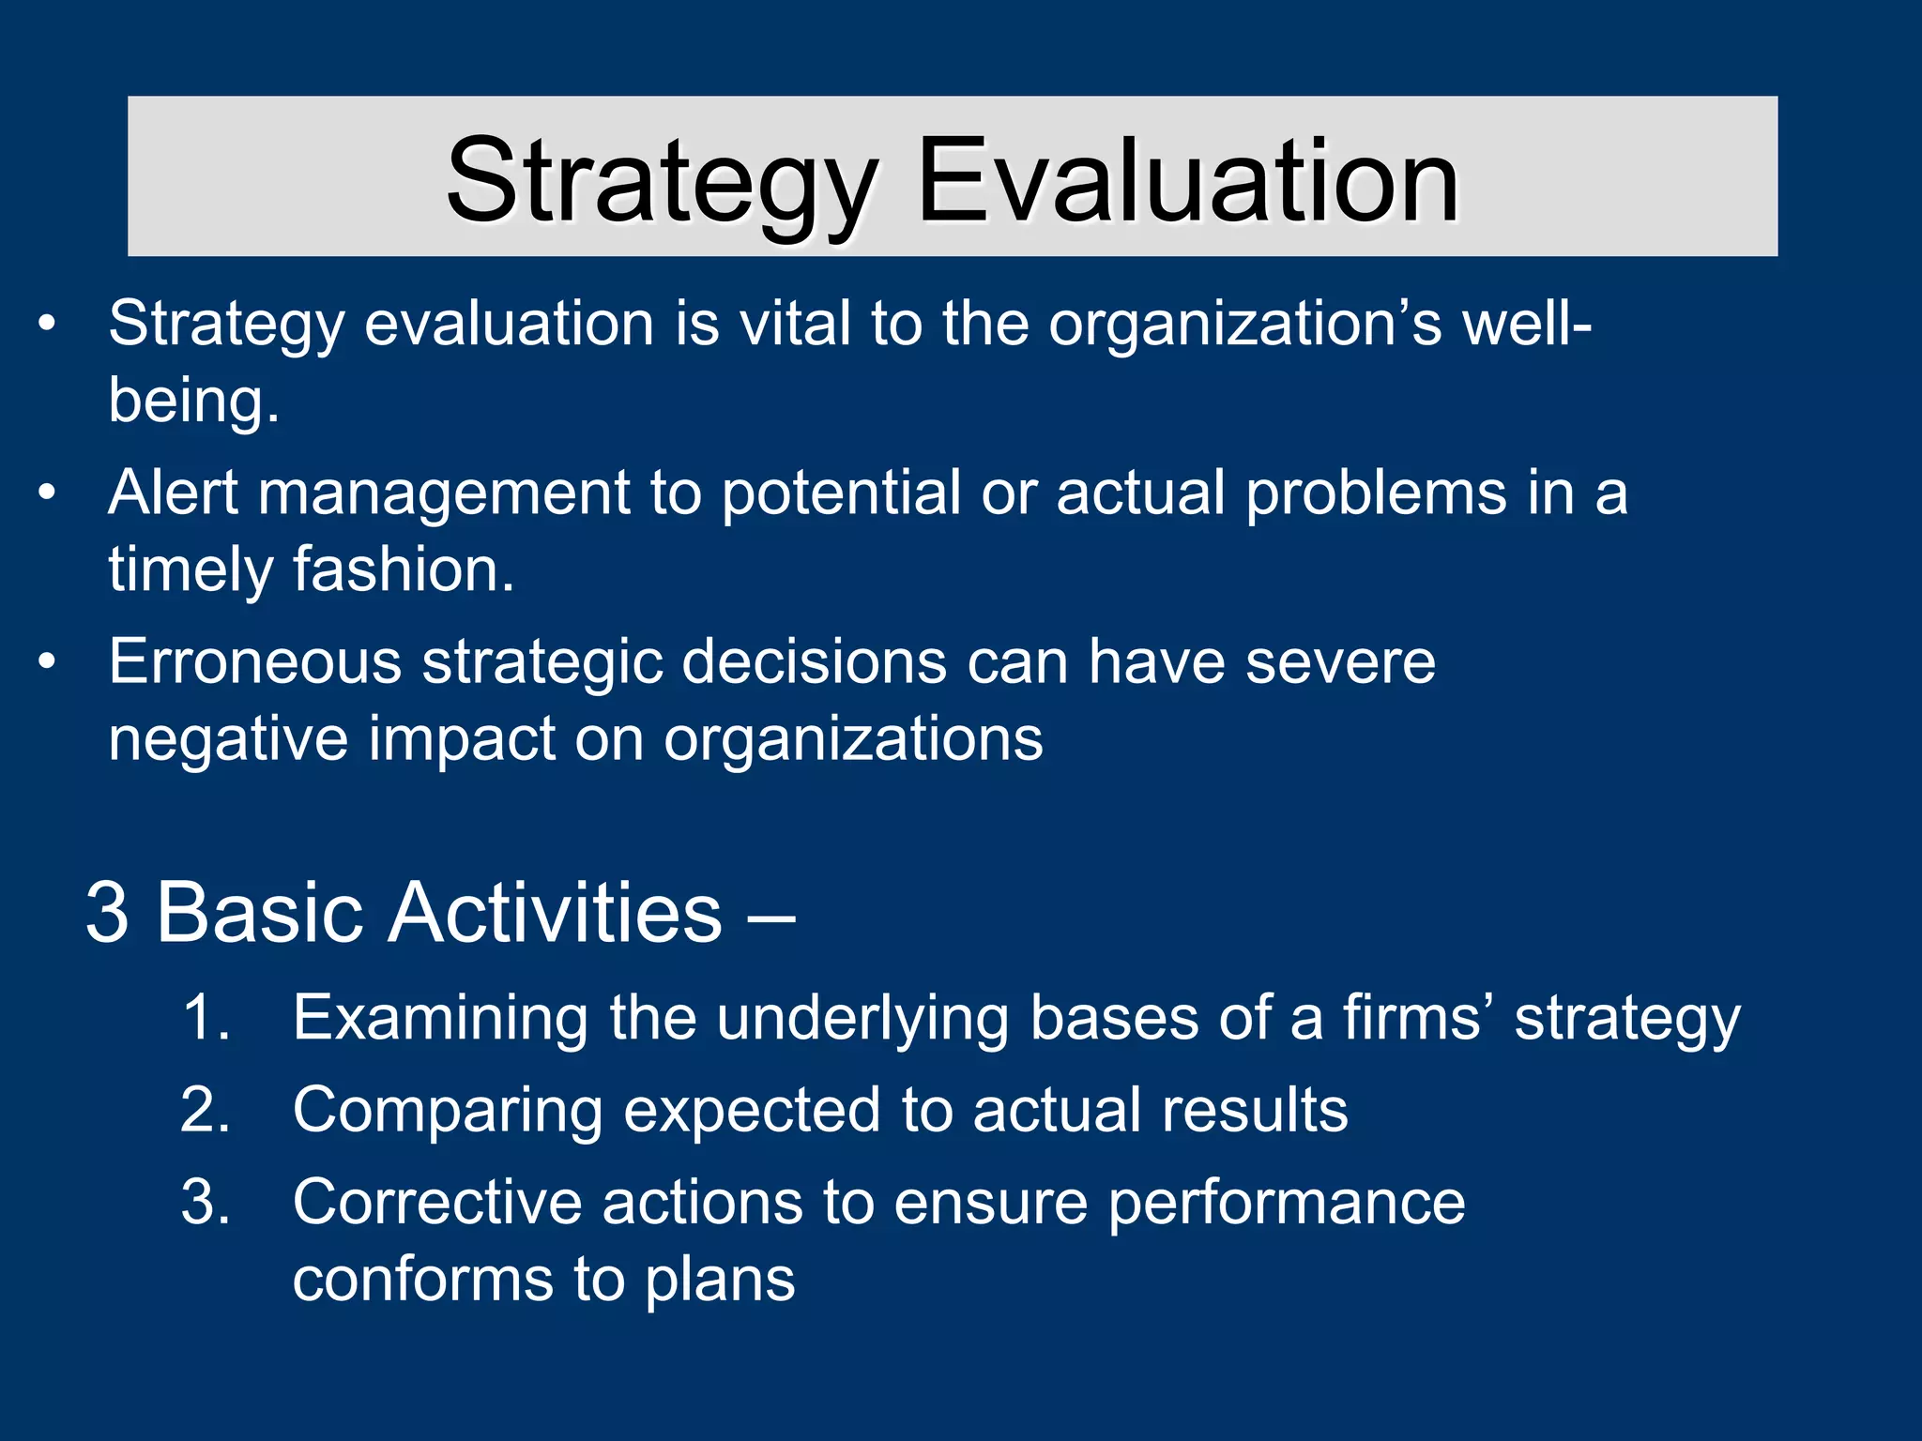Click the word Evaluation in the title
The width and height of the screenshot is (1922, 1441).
[1187, 180]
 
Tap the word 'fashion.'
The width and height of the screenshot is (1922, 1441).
[404, 569]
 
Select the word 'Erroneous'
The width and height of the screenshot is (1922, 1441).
[254, 662]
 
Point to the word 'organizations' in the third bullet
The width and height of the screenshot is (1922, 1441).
[853, 739]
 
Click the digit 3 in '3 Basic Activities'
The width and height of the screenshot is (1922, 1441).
[107, 913]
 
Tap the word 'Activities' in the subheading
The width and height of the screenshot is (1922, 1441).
[555, 913]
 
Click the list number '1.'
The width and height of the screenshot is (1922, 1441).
[206, 1017]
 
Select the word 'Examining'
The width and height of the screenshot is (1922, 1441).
[440, 1017]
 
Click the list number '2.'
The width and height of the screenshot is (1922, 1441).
[206, 1110]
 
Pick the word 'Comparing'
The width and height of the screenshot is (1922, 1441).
[447, 1110]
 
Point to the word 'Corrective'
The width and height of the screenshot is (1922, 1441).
[437, 1203]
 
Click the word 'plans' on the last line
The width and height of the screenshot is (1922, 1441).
[720, 1280]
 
